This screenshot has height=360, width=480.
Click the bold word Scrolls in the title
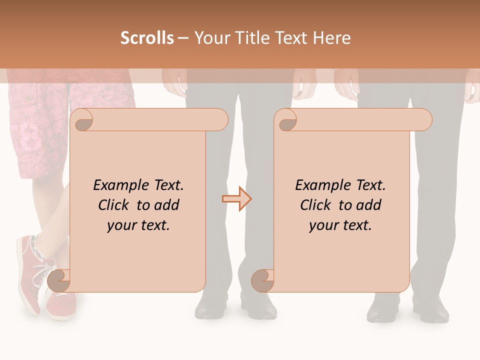click(x=147, y=38)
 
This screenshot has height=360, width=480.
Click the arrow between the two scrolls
click(x=236, y=199)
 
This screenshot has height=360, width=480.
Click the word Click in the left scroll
click(x=114, y=205)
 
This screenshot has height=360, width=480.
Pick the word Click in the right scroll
click(x=316, y=205)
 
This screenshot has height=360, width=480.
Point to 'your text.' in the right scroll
click(x=340, y=225)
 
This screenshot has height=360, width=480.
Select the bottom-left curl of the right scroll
click(x=262, y=281)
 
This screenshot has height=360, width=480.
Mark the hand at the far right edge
click(x=470, y=92)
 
